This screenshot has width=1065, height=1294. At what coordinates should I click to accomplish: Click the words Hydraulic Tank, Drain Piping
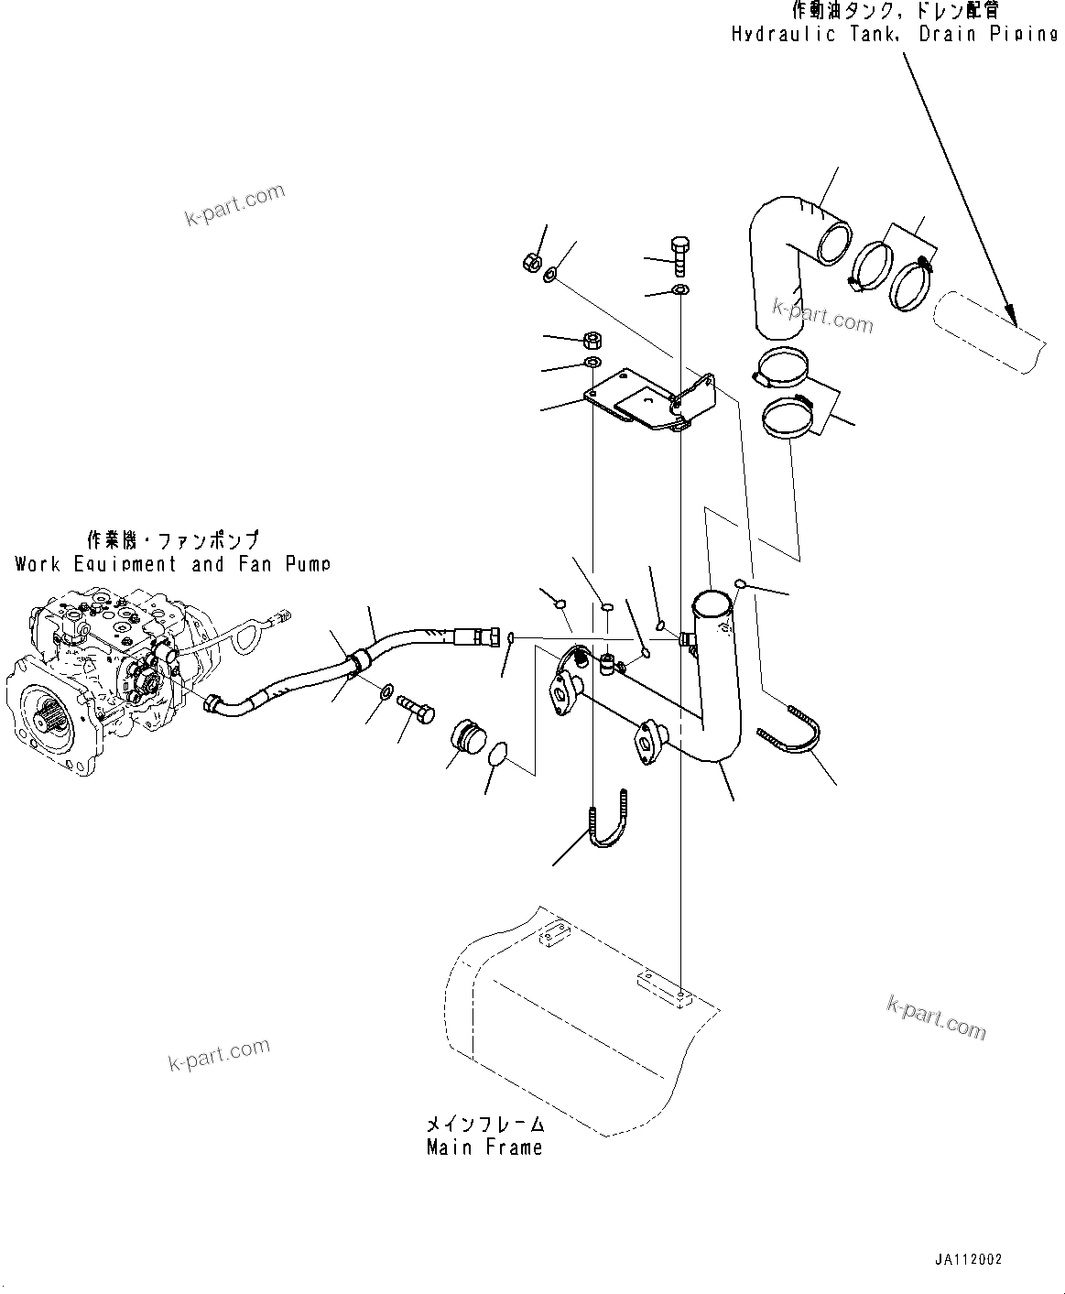point(894,35)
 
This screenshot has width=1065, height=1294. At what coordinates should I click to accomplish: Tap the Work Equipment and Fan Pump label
point(172,564)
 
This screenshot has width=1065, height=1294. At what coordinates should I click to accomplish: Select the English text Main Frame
point(484,1147)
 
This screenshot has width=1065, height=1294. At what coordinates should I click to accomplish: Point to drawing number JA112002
point(968,1259)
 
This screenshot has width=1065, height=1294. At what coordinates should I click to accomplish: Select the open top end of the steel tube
point(712,603)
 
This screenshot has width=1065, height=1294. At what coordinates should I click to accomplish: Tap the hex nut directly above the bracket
point(592,341)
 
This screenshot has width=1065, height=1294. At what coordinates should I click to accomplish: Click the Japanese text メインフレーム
point(484,1124)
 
